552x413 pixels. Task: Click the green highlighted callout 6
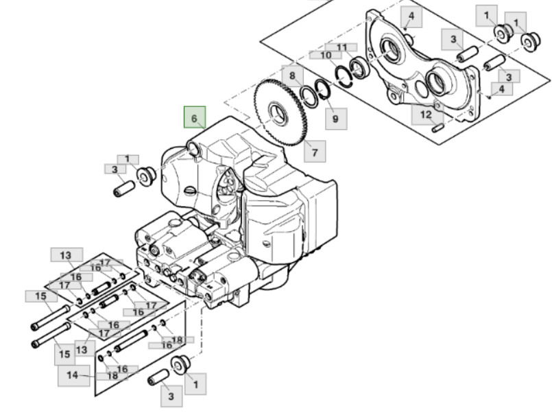point(194,118)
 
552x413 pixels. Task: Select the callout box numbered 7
point(315,152)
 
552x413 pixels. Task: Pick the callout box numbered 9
point(335,119)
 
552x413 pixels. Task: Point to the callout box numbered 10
point(326,55)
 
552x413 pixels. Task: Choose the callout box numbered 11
point(342,47)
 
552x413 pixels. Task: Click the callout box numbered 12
point(426,114)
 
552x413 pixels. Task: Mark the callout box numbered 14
point(73,375)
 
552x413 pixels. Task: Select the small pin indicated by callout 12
point(440,128)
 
